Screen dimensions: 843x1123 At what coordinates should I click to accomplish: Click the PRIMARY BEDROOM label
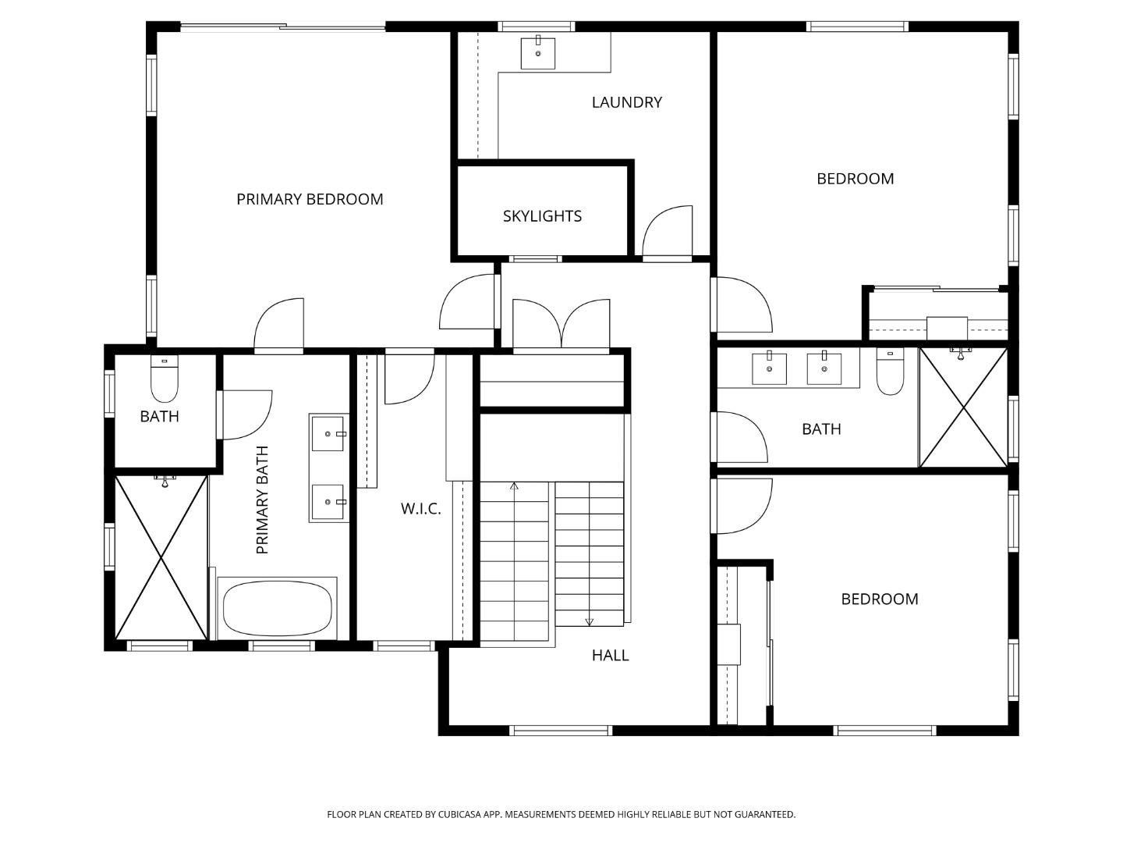pos(310,199)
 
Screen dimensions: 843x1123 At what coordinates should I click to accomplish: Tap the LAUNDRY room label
pos(626,102)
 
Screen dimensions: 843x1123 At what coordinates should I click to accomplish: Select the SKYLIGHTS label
pos(542,216)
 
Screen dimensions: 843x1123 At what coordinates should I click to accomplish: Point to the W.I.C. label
pos(420,509)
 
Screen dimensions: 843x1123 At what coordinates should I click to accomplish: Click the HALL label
pos(610,656)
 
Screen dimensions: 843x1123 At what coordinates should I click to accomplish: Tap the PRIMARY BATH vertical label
pos(262,500)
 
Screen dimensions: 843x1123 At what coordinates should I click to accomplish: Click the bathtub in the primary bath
pos(277,609)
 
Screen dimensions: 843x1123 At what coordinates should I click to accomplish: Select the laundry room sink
pos(537,53)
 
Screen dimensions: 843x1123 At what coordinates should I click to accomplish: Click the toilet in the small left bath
pos(164,379)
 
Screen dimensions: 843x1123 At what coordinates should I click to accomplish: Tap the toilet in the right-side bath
pos(890,372)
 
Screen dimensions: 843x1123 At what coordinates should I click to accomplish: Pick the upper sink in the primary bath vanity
pos(328,433)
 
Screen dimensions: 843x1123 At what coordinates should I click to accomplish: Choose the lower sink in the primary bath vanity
pos(328,502)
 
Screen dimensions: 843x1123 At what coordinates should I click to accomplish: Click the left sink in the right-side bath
pos(769,368)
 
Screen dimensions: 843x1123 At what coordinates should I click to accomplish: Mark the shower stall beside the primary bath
pos(161,557)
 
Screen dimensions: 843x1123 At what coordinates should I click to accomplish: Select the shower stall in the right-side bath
pos(964,407)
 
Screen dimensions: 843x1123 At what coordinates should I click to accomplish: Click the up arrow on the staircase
pos(514,487)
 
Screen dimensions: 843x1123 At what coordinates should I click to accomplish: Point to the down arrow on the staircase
pos(589,621)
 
